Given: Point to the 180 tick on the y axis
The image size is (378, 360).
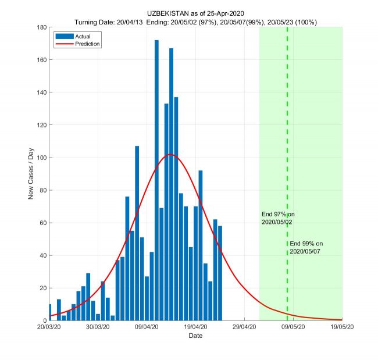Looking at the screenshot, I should click(x=42, y=27).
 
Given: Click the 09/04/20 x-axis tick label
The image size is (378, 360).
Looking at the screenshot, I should click(x=147, y=327).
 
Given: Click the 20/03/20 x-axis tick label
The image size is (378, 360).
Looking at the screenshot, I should click(x=49, y=327).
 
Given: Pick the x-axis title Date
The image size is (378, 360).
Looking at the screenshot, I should click(x=195, y=336).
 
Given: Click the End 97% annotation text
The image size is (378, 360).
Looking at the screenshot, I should click(x=278, y=218).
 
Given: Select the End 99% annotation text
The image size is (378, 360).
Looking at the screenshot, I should click(x=306, y=247).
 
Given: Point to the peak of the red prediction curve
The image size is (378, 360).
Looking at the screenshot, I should click(x=170, y=154).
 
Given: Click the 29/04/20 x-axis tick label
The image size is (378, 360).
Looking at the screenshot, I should click(x=244, y=327).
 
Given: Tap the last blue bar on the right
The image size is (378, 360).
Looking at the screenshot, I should click(x=220, y=273).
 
